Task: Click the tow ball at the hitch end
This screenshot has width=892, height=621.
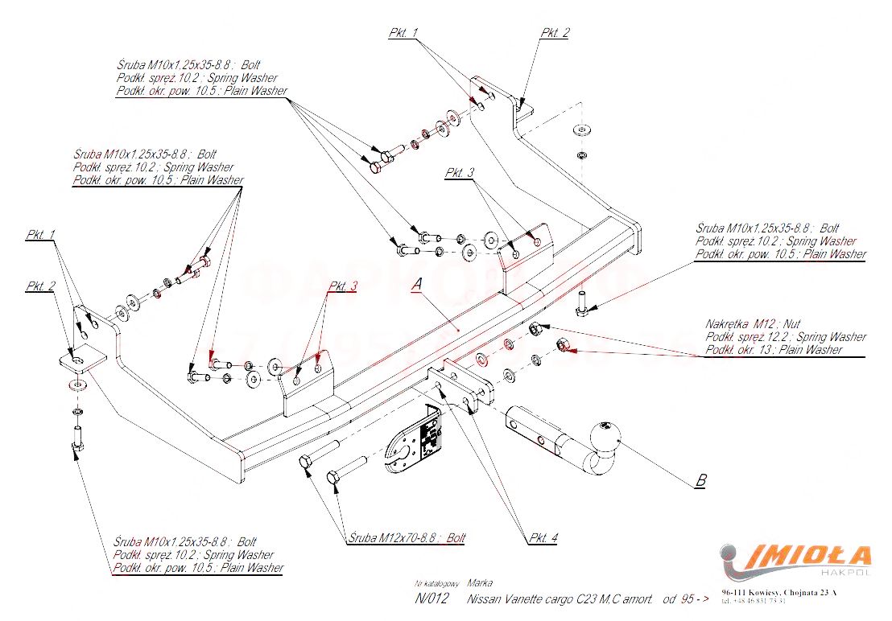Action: [605, 434]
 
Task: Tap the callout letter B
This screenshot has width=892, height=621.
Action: [700, 481]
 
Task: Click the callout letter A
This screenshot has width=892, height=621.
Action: [416, 285]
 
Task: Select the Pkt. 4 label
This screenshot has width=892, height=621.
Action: [543, 537]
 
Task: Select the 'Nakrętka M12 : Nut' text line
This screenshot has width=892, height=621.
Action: [753, 323]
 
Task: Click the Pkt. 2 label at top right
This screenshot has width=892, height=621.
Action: [555, 33]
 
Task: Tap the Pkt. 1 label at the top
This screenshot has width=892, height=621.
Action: [403, 33]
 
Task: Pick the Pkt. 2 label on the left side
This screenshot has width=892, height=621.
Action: [40, 286]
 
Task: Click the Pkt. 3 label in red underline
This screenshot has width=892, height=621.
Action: [342, 286]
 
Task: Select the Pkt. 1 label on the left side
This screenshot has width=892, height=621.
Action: [40, 235]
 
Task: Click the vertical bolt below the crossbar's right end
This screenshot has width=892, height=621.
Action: [582, 305]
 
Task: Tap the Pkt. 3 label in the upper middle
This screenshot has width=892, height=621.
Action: [460, 173]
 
